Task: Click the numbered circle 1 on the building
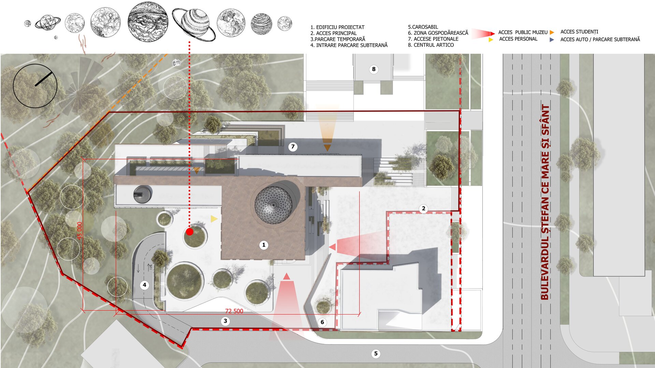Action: (x=263, y=245)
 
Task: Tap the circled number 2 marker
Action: (x=423, y=209)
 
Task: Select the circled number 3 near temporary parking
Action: (x=225, y=321)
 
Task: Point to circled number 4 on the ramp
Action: (x=144, y=285)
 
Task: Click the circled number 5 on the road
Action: (x=376, y=354)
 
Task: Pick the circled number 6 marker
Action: (x=322, y=322)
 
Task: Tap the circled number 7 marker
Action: (x=293, y=147)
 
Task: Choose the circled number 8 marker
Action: (x=374, y=70)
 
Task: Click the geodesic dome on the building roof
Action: (x=273, y=205)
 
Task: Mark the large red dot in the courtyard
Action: (x=190, y=232)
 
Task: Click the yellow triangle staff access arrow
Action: (x=214, y=219)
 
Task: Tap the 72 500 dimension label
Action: (x=234, y=311)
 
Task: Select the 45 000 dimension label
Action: (x=79, y=231)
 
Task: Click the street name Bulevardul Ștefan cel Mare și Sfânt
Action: (x=545, y=202)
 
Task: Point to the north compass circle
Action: (x=35, y=86)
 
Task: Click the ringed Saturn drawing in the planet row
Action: (x=193, y=23)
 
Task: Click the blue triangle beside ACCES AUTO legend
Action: (x=552, y=40)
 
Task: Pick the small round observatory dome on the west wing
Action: (x=142, y=194)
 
